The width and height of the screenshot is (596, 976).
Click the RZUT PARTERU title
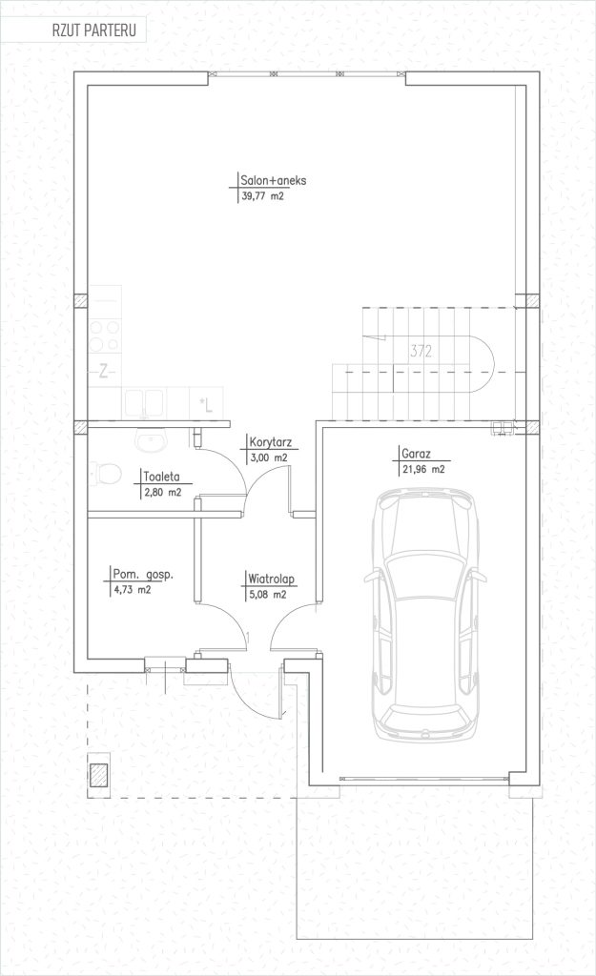93,31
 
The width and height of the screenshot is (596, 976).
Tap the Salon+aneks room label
274,180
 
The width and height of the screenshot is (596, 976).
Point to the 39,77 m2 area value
261,196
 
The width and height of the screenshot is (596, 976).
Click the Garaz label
416,454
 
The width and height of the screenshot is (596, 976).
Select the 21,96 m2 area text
423,469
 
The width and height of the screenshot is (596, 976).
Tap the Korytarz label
270,443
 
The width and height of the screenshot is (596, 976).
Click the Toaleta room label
162,477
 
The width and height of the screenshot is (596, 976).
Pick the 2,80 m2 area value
162,492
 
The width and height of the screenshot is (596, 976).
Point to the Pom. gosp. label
143,574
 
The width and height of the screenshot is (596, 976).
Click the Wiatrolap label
271,579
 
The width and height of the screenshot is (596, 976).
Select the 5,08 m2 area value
267,595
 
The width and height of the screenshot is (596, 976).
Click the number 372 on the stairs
421,352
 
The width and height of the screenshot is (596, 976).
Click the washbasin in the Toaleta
151,441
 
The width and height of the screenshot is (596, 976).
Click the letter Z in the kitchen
104,373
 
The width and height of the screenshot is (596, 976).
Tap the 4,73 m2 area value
132,590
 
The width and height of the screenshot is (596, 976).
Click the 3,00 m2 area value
268,458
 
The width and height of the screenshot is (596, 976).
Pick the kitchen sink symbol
144,403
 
